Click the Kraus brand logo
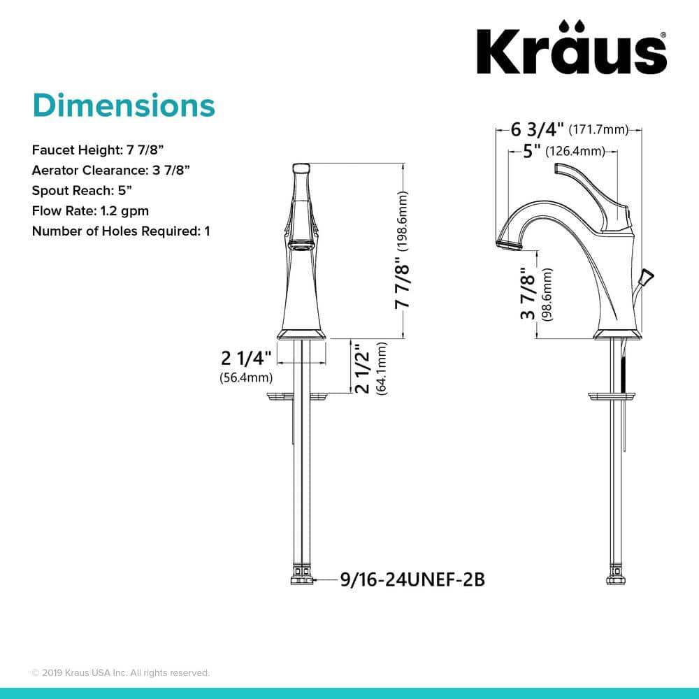coord(571,50)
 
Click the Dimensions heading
coord(124,106)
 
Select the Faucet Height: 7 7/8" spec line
coord(99,150)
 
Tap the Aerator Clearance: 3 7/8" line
coord(111,170)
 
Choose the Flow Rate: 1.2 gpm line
coord(90,210)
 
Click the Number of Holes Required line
coord(121,231)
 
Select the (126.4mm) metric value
coord(574,150)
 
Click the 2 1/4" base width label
coord(245,359)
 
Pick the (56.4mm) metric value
coord(245,378)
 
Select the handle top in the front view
coord(301,168)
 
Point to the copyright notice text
coord(121,672)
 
